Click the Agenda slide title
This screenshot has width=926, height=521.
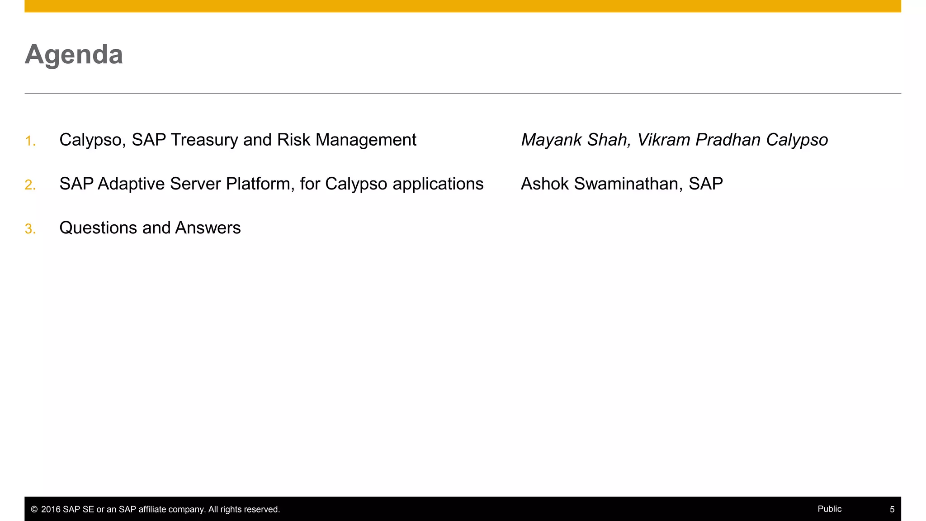click(x=74, y=55)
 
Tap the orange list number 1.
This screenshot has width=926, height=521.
click(x=30, y=141)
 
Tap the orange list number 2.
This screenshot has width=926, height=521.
click(x=30, y=185)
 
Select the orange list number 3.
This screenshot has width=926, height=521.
click(x=30, y=229)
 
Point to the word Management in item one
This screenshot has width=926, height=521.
click(x=366, y=140)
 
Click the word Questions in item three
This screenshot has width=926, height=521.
click(x=98, y=227)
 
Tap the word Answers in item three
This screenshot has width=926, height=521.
click(x=208, y=227)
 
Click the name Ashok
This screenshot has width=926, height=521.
click(x=544, y=184)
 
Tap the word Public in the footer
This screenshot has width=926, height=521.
click(x=829, y=509)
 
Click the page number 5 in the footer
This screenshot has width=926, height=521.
click(x=892, y=509)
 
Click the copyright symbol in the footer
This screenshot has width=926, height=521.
click(x=34, y=509)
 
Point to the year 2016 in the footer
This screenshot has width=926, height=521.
click(x=51, y=509)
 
